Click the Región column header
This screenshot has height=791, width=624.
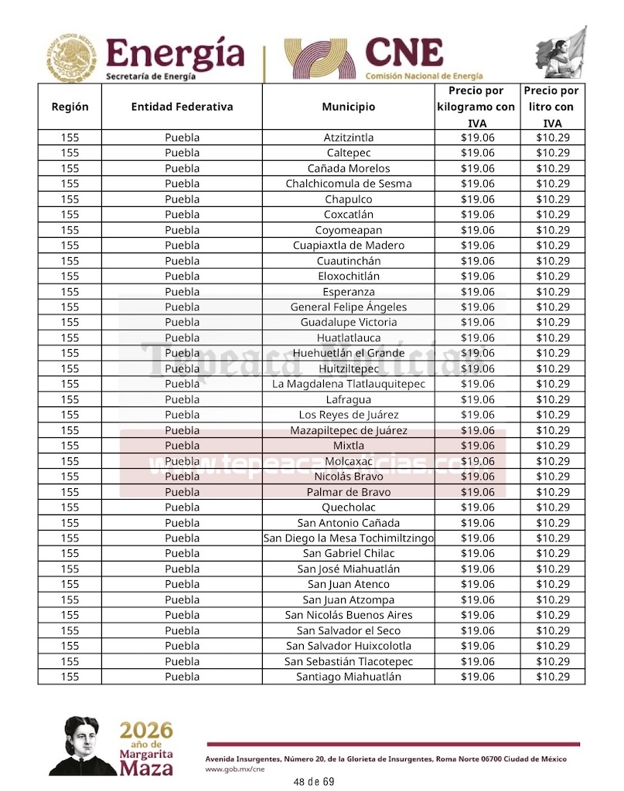(x=70, y=107)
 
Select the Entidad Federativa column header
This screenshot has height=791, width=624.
(x=182, y=107)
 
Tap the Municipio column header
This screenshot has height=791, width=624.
(x=348, y=107)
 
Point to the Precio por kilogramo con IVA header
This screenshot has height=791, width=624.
(x=477, y=107)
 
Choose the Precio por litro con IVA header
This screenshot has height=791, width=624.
(x=552, y=107)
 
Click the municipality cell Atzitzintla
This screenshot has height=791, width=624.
(x=348, y=137)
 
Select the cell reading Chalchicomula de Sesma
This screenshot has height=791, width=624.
(x=348, y=184)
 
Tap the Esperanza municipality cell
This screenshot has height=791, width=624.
(x=348, y=292)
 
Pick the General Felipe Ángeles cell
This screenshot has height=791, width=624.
(x=348, y=307)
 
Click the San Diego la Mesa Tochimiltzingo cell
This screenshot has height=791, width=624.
(x=348, y=538)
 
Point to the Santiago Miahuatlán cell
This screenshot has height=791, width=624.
(x=348, y=677)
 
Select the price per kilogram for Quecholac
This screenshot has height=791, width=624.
(x=477, y=508)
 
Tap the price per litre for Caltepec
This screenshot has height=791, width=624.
(x=552, y=153)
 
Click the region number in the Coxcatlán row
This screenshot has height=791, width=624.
(x=70, y=215)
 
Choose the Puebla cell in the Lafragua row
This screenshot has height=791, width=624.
(x=182, y=399)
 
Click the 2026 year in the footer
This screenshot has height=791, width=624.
(x=145, y=730)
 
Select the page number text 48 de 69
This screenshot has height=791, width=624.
(x=313, y=782)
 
